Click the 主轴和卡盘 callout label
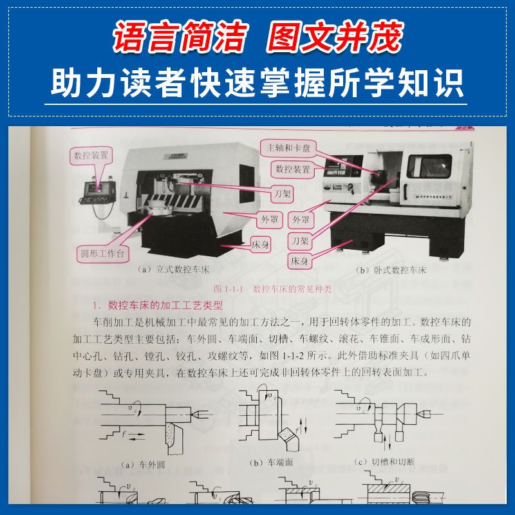(287, 146)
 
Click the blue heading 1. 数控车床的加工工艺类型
(157, 306)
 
